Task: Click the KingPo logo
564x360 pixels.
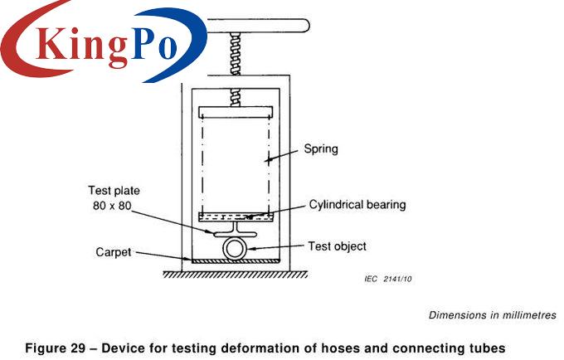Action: (x=104, y=41)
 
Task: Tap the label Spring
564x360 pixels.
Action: (x=321, y=150)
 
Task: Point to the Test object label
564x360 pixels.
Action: (x=337, y=246)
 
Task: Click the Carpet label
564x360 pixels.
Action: (x=113, y=252)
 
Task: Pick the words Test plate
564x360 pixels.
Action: (x=114, y=191)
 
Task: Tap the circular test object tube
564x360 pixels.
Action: (x=235, y=248)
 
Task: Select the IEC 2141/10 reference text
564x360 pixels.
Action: (x=387, y=279)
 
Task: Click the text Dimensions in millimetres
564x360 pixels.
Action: (x=492, y=315)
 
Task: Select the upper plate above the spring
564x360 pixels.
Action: (x=236, y=110)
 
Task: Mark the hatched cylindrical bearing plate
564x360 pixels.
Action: (x=236, y=217)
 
